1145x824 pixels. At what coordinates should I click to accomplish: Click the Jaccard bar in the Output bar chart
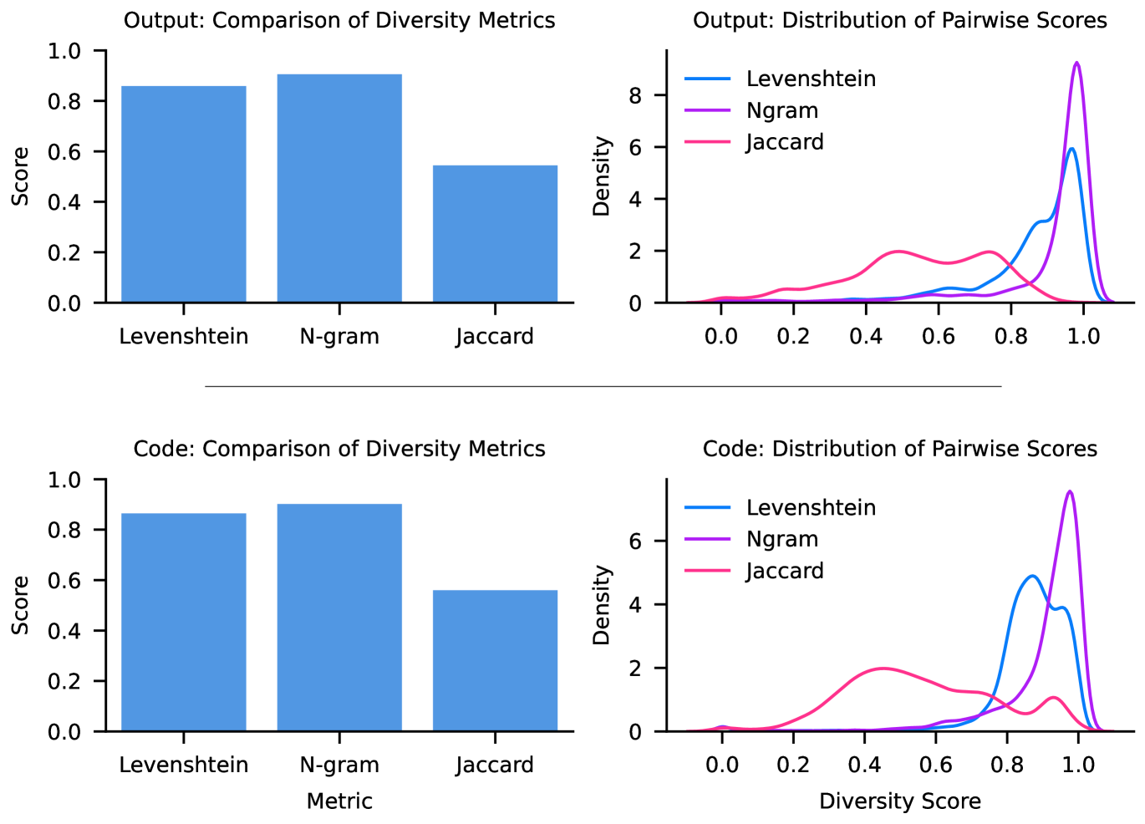pos(495,234)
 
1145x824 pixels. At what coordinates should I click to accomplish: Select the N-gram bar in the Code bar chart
pos(339,618)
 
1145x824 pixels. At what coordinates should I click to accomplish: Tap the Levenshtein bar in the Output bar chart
pos(184,194)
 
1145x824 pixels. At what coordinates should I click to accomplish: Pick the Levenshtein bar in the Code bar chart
pos(184,622)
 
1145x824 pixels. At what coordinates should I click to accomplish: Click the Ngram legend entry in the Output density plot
pos(751,110)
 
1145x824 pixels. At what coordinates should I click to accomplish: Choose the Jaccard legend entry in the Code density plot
pos(754,571)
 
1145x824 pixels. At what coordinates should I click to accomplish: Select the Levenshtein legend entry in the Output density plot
pos(780,79)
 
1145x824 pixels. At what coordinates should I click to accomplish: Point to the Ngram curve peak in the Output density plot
pos(1076,63)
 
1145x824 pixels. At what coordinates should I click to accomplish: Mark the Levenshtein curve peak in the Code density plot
pos(1032,576)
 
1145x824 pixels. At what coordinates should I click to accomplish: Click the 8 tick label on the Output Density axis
pos(635,95)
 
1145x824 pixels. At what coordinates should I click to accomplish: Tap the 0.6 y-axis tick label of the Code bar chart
pos(64,580)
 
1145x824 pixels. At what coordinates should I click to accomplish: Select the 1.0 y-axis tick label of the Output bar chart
pos(64,51)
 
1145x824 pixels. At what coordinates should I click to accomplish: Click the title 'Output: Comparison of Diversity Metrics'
pos(339,20)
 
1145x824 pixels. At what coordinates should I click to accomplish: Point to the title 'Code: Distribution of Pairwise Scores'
pos(899,449)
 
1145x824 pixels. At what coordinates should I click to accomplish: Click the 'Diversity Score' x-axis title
pos(899,801)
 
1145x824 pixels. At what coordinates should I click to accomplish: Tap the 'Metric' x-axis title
pos(339,801)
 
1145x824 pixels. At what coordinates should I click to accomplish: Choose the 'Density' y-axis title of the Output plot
pos(602,176)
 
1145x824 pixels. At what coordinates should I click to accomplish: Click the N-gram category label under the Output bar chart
pos(339,336)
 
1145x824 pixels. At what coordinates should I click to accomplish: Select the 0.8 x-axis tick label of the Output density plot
pos(1010,336)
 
